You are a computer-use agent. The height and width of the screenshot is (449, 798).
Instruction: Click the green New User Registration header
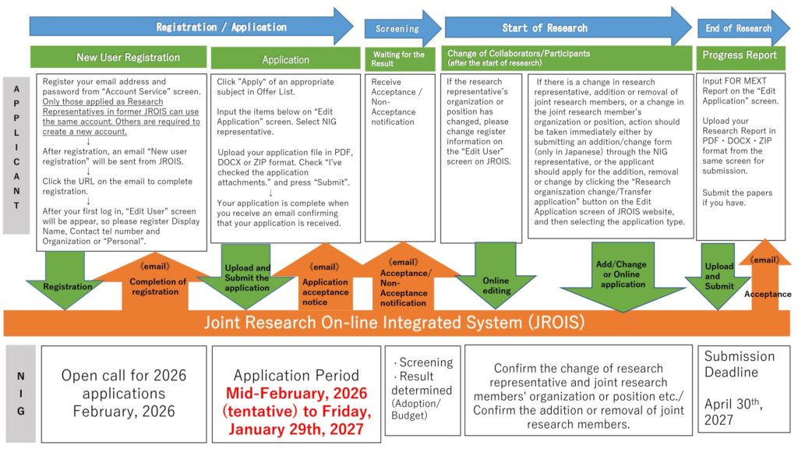pos(128,57)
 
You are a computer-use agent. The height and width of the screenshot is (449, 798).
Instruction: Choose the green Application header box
pos(285,59)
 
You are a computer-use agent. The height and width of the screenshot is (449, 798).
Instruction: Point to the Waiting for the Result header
pos(400,58)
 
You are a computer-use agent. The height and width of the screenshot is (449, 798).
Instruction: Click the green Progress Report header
pos(739,55)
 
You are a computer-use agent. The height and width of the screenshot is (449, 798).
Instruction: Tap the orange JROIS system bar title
pos(394,322)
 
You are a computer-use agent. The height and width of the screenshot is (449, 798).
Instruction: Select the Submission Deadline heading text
pos(739,363)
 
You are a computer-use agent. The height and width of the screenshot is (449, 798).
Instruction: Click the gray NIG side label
pos(19,393)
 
